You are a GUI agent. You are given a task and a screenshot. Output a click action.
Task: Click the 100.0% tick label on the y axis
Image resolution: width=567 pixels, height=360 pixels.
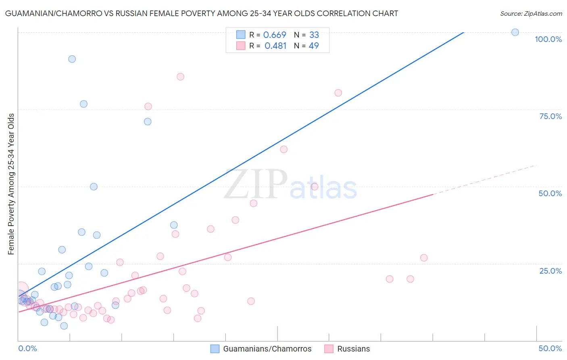coord(548,39)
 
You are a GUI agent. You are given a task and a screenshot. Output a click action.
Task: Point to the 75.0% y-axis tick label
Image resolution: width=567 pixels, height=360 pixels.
coord(550,116)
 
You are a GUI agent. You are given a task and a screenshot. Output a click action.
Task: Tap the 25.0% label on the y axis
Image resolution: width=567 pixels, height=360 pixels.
coord(550,271)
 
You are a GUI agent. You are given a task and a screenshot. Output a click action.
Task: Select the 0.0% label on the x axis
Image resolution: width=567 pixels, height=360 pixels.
coord(27,348)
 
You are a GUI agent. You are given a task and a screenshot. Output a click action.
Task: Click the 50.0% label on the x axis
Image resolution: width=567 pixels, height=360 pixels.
coord(550,348)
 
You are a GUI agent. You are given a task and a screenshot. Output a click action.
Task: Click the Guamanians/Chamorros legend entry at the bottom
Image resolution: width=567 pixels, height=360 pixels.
coord(267,349)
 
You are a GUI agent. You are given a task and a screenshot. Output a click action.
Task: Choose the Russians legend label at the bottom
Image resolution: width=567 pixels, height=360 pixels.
coord(353,349)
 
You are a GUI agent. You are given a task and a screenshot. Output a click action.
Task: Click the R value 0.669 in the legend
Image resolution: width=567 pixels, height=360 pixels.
coord(274,35)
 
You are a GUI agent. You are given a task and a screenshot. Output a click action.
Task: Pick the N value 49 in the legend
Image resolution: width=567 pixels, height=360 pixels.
coord(314,46)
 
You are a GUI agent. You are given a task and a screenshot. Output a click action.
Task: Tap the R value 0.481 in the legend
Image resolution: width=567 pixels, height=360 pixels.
coord(275,46)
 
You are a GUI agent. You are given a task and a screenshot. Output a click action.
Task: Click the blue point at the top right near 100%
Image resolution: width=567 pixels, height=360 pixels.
coord(515,32)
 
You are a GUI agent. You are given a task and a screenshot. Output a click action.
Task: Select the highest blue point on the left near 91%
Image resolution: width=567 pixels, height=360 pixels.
coord(72,59)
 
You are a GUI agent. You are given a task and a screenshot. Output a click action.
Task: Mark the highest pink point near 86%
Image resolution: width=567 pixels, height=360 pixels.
coord(180,77)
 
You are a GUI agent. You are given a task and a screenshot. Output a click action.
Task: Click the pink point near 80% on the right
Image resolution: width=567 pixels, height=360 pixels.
coord(338,93)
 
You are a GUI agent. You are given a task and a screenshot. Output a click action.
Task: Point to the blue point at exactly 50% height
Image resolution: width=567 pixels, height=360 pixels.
coord(94,186)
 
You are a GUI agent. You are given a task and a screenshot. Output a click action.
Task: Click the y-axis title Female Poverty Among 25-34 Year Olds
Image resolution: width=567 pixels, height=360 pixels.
coord(11,184)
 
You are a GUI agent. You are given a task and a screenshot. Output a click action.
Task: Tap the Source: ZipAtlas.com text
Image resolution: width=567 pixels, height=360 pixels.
coord(531,14)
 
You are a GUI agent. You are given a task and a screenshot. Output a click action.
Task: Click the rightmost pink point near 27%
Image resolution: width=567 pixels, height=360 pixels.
coord(423,258)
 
